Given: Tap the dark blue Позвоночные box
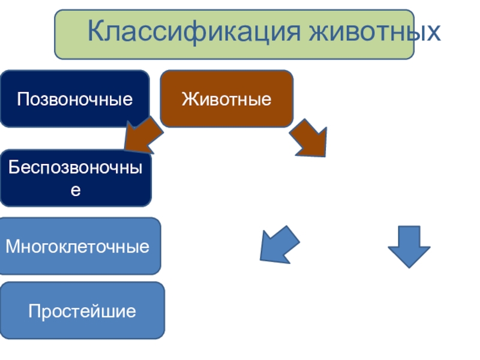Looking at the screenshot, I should coord(75,98).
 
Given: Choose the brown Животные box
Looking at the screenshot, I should coord(227,98).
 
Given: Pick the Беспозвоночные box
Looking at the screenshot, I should coord(76,179).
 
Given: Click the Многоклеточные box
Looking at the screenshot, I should coord(80,246).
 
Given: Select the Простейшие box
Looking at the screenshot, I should coord(82,311).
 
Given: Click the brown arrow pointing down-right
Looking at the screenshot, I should coord(311,138).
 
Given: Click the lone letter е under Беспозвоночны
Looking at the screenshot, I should coord(76,191).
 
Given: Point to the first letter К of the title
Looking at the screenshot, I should coord(96,31).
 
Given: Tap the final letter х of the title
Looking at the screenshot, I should coord(434,32).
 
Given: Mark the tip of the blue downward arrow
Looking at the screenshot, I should coord(409,266).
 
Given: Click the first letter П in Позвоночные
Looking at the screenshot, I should coord(23,98).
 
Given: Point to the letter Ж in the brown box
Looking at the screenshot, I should coord(188,98).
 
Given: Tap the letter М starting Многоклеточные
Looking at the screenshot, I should coord(12,246).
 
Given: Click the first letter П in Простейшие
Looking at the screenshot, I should coord(34,311).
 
